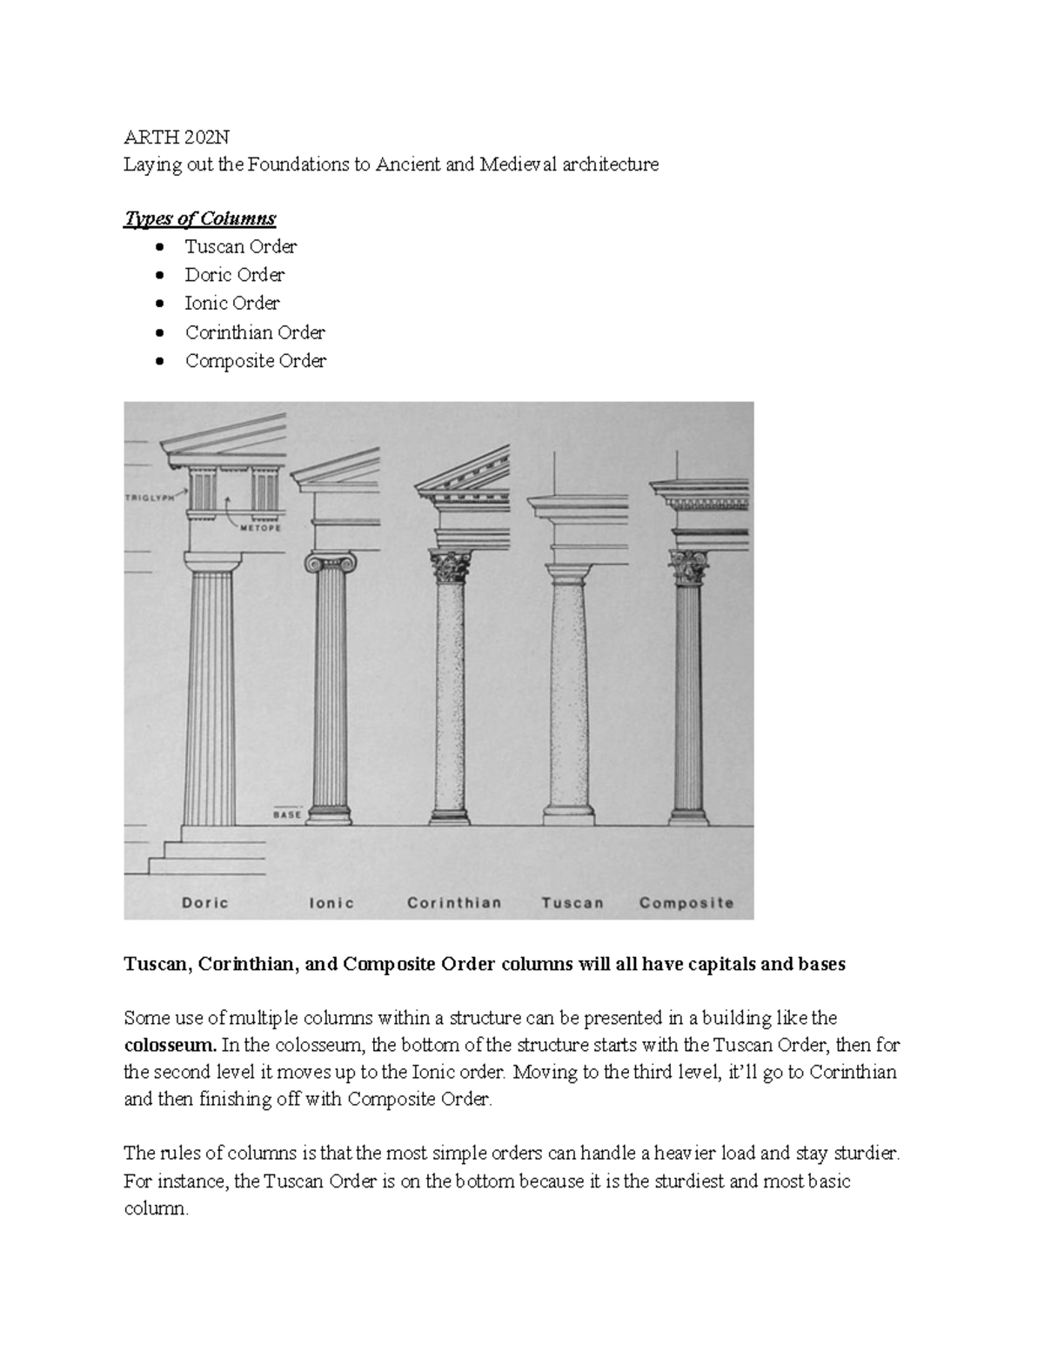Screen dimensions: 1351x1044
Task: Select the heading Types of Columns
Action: pos(200,217)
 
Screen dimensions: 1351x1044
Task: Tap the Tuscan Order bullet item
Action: pos(241,246)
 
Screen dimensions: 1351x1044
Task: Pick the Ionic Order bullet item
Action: pos(232,304)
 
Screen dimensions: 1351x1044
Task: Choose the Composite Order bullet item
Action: pos(256,361)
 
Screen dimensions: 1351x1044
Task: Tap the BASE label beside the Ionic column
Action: pos(287,815)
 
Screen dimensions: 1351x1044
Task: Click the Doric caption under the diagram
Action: pos(205,903)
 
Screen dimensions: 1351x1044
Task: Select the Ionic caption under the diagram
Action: pos(331,903)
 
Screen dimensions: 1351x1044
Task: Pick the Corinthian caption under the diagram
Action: pos(454,903)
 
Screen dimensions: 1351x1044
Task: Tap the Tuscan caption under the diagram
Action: pos(572,903)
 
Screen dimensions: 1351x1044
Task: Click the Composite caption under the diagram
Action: pos(686,903)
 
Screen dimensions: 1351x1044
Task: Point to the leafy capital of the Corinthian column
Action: pos(451,566)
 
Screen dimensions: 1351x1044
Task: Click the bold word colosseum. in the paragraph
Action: pos(169,1045)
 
